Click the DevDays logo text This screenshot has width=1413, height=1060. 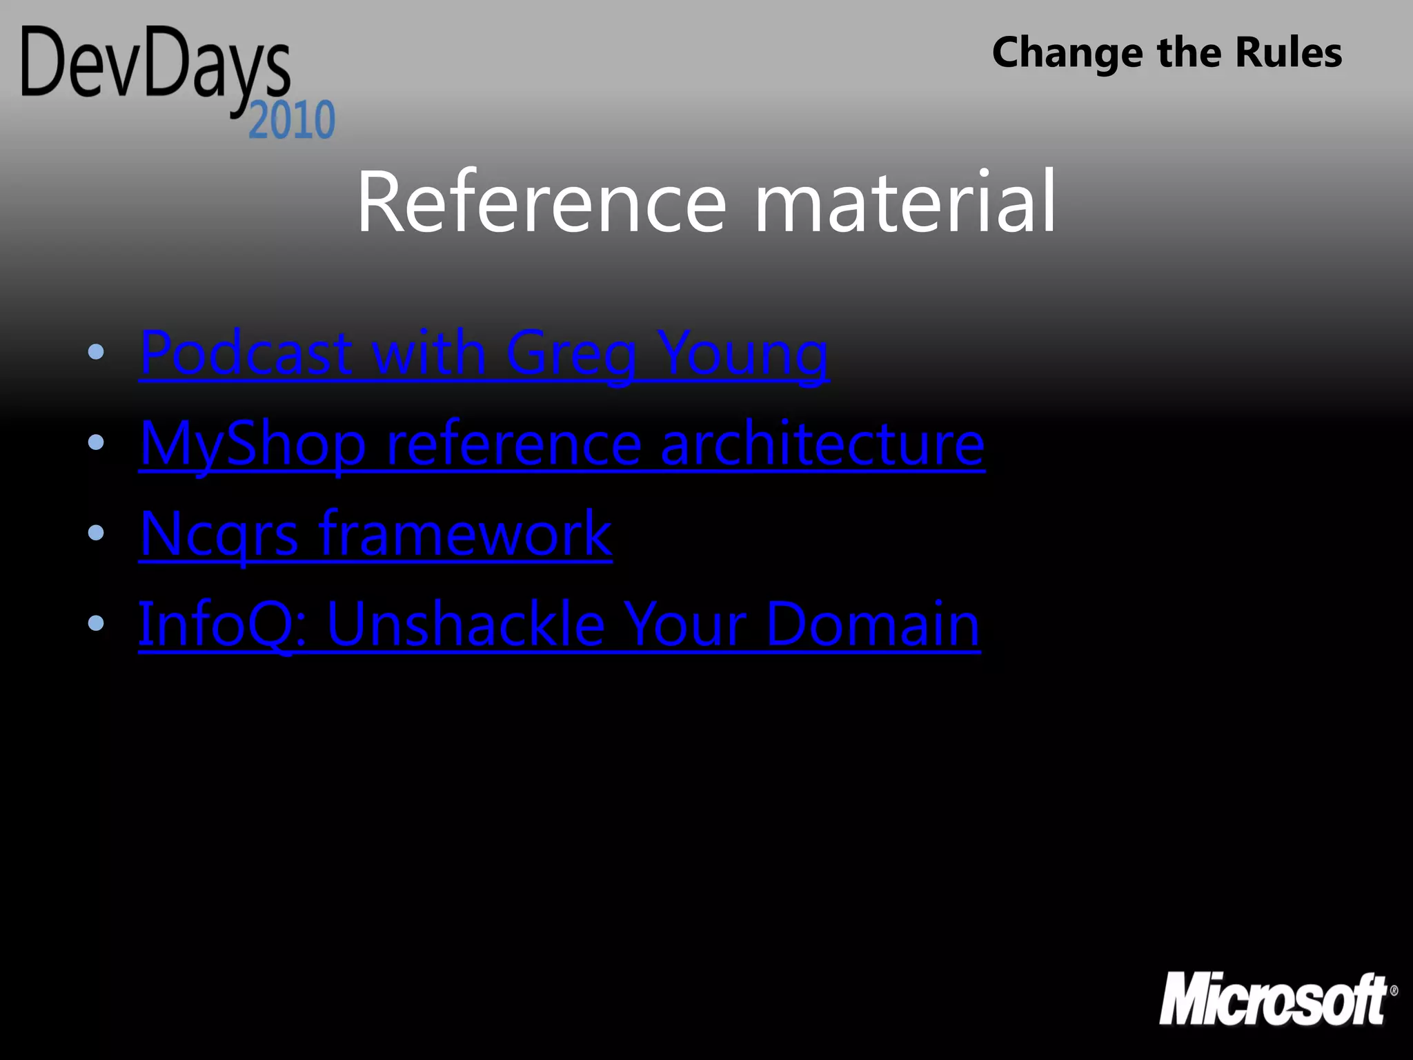coord(155,66)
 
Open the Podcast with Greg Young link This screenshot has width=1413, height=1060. coord(483,353)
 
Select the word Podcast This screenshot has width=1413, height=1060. coord(246,353)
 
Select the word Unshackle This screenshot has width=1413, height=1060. coord(466,624)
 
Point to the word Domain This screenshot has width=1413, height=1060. coord(873,624)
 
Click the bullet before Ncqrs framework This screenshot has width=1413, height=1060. coord(96,533)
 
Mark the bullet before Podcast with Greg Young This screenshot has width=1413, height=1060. coord(96,353)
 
